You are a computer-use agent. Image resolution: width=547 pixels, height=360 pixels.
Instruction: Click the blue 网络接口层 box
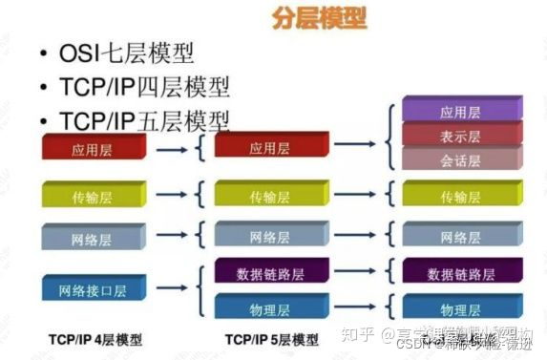coord(93,289)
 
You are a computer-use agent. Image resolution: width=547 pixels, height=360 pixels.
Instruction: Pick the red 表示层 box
coord(460,135)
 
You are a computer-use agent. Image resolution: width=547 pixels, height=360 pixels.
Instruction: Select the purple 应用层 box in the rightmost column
coord(460,111)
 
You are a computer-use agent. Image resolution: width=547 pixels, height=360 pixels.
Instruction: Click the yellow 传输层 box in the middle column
coord(270,196)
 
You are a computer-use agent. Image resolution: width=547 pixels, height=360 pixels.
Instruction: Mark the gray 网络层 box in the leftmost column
coord(93,237)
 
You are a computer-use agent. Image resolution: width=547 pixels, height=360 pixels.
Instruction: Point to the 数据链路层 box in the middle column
coord(270,272)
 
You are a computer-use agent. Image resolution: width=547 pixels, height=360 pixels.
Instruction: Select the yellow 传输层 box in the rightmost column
coord(460,196)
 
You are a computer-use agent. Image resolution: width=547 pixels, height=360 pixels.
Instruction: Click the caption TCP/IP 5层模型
coord(272,339)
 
